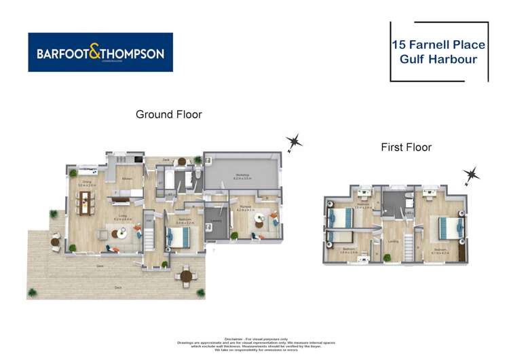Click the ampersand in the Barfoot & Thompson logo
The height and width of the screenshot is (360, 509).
pos(100,52)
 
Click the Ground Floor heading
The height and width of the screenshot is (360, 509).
pos(168,114)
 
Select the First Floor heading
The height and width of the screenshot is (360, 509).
pos(406,147)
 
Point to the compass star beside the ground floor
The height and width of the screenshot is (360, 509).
pos(294,142)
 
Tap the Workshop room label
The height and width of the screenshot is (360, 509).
pos(243,175)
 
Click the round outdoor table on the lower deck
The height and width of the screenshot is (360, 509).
pos(185,276)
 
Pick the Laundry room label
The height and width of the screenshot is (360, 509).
pos(218,220)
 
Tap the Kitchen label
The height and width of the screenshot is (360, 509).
pos(126,179)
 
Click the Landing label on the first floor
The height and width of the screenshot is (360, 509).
pos(393,240)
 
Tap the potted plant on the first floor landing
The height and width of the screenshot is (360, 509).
pos(387,257)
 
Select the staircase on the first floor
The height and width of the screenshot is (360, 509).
pos(409,242)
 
